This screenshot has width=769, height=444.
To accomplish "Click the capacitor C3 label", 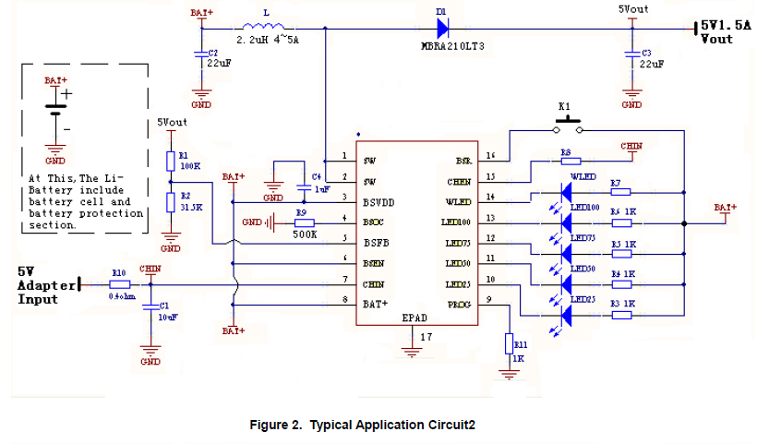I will coord(646,53).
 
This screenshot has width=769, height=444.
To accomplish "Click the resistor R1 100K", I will coord(170,162).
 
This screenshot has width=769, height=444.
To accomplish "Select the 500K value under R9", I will coord(306,234).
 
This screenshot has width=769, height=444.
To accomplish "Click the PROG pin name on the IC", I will coord(459,303).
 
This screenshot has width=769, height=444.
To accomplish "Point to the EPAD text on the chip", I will coord(415,317).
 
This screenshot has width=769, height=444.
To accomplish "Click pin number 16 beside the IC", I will coord(490,156).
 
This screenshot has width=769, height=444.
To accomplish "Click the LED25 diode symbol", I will coord(566,315).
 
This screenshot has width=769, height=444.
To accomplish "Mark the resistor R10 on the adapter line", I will coord(119,285).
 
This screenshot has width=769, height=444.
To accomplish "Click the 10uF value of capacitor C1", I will coord(166,317).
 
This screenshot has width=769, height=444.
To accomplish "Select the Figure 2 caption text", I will coord(362,426).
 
